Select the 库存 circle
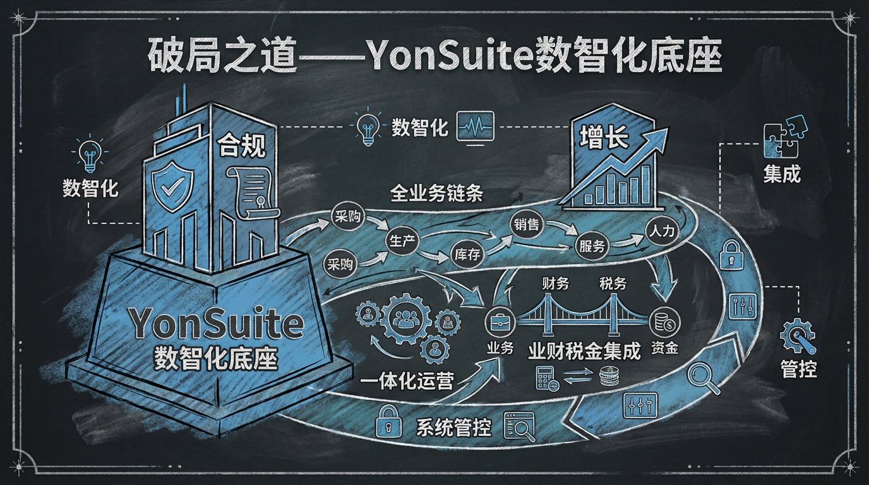click(x=467, y=254)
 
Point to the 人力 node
click(x=662, y=231)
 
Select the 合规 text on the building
click(x=240, y=147)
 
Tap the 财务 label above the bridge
click(x=551, y=283)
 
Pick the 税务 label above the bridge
click(x=613, y=283)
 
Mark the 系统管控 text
click(x=453, y=428)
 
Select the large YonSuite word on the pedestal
click(x=215, y=323)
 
